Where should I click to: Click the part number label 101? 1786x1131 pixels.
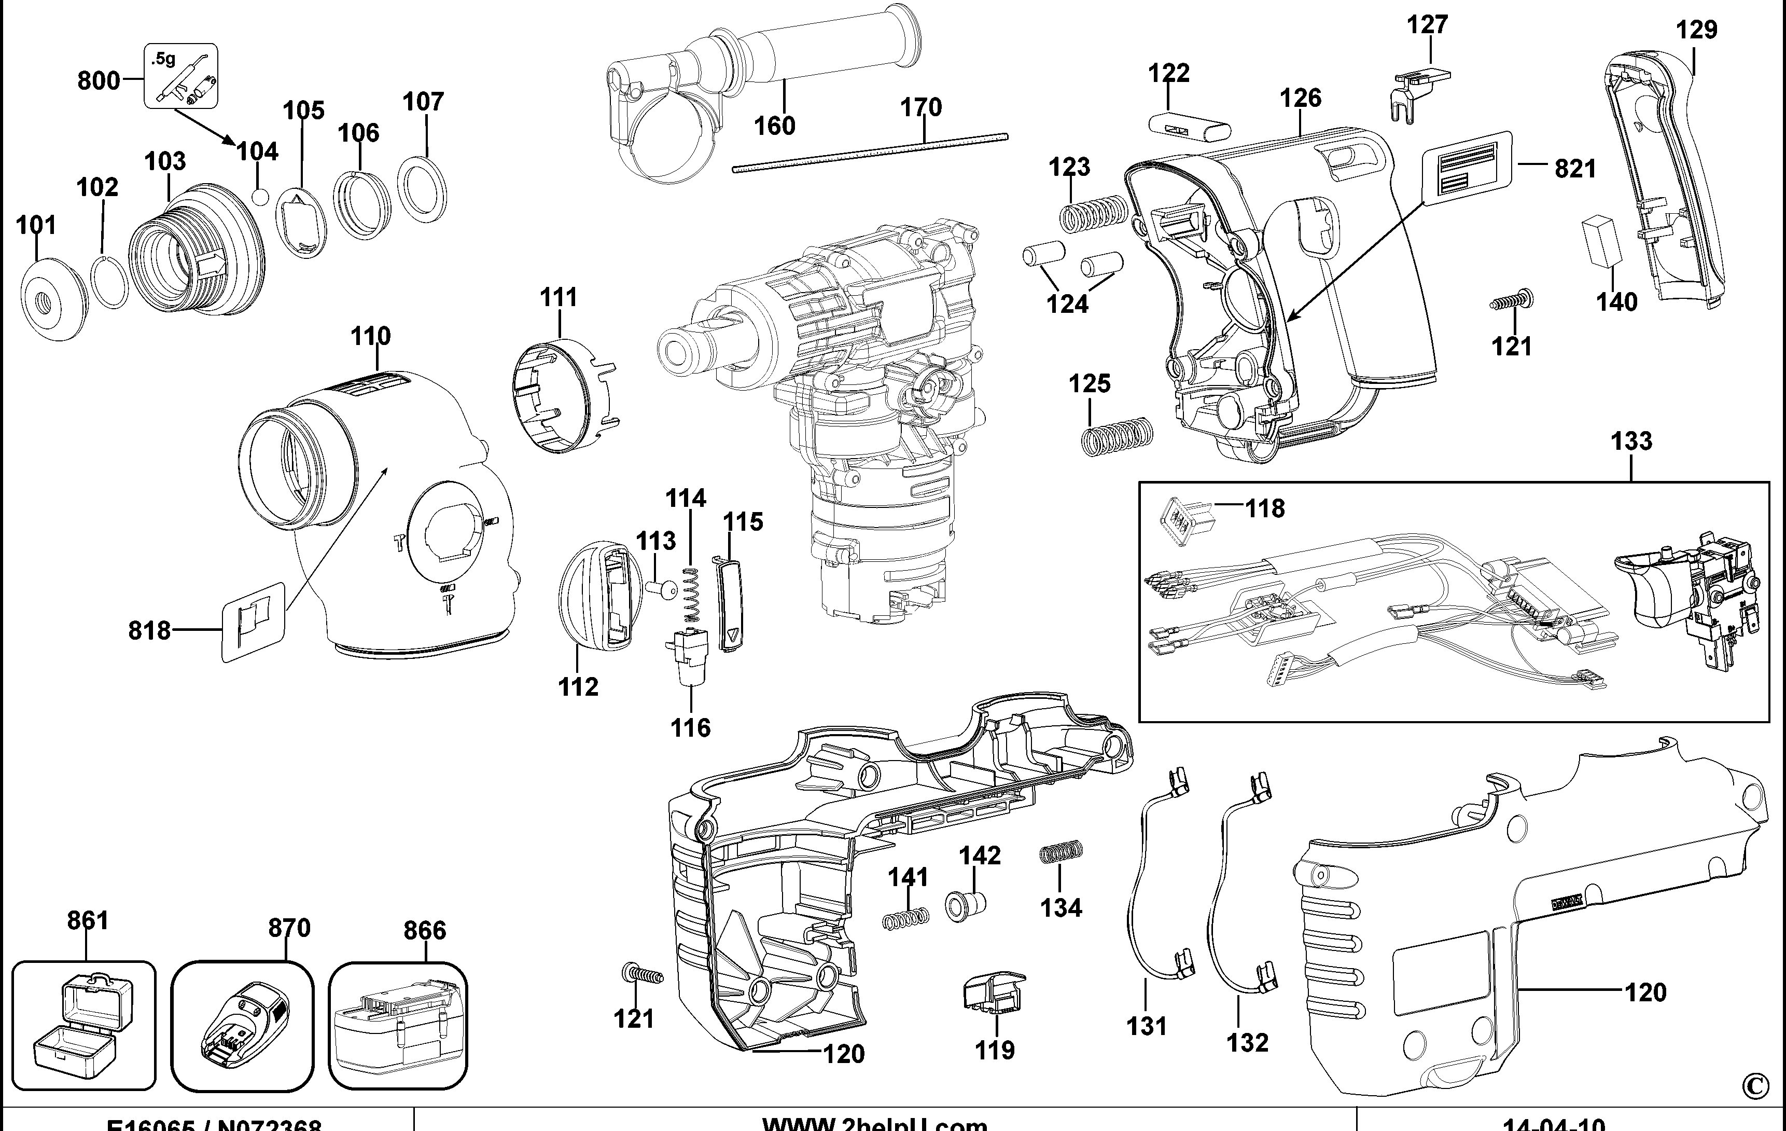click(36, 225)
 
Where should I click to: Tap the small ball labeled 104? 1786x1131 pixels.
click(260, 197)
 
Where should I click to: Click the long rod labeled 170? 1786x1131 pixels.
click(869, 153)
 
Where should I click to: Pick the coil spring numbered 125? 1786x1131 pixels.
click(1116, 436)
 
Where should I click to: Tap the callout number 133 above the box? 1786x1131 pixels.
click(1631, 442)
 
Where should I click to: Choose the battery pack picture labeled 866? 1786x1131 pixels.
click(398, 1026)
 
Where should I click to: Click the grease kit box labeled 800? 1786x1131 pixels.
click(180, 76)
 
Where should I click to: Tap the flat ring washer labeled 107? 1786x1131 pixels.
click(422, 189)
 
